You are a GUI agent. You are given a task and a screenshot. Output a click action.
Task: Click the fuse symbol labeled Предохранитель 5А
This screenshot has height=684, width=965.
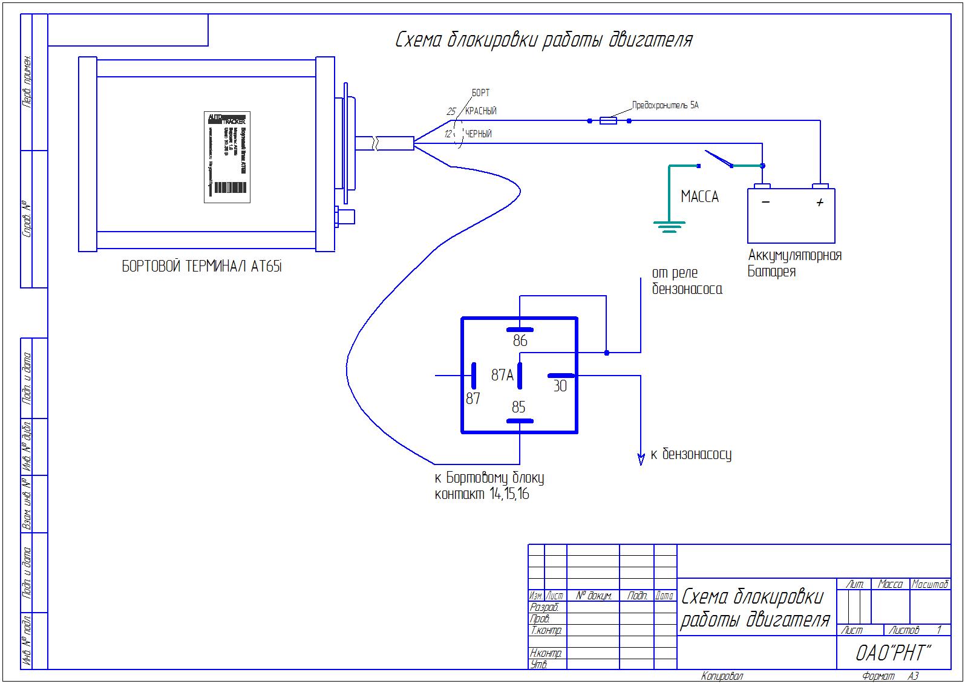608,121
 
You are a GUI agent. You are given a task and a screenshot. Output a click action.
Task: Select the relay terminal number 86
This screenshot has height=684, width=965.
520,341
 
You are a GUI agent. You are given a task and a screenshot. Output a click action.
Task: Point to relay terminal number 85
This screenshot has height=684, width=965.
518,408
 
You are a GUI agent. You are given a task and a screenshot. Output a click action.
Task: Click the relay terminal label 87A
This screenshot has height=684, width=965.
502,376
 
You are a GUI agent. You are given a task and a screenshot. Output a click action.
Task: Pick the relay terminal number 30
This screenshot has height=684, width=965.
560,386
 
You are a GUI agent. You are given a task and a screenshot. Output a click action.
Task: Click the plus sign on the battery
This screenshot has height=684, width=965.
820,203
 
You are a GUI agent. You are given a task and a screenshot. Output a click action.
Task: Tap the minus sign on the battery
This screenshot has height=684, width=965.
766,202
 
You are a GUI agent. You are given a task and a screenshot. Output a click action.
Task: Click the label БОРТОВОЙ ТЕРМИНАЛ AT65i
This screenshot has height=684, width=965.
202,267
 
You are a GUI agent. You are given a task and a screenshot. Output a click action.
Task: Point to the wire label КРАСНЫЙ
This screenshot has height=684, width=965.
481,111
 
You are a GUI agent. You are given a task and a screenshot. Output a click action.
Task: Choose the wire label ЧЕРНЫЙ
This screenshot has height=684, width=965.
478,134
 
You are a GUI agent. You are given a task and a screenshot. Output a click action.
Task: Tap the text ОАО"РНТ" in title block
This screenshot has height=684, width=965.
893,654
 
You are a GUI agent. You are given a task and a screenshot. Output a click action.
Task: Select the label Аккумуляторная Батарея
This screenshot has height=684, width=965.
794,263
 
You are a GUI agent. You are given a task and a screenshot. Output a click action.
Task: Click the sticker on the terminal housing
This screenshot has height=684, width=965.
227,157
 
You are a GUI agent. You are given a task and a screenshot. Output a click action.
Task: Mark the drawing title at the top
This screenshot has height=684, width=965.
543,40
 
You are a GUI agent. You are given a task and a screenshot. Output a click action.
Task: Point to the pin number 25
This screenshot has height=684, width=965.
451,112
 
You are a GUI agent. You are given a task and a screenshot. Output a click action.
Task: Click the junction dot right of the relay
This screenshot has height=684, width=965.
607,353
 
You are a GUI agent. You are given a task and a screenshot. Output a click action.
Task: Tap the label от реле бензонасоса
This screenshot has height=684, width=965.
687,281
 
